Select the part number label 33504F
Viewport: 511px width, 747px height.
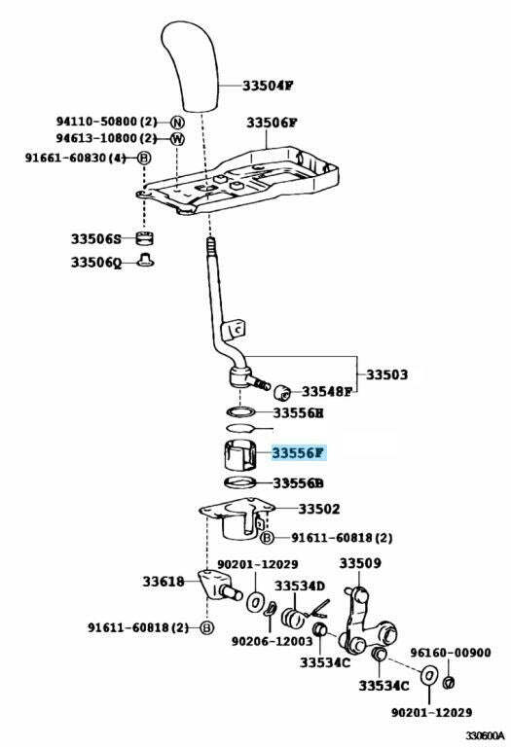268,86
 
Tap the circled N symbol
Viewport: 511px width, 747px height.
177,123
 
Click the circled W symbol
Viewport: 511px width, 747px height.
177,139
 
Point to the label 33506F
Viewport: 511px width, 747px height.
272,123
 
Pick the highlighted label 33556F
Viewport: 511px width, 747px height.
299,452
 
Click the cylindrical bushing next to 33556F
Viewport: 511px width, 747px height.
240,456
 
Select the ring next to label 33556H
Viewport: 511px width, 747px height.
241,412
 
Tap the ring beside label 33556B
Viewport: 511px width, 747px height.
240,482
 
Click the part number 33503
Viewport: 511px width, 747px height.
387,374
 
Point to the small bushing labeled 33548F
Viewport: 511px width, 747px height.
282,392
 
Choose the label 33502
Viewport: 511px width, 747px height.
319,509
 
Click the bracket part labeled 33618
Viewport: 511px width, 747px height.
218,586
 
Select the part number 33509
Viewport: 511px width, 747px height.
360,563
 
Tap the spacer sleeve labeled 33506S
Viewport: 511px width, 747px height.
145,237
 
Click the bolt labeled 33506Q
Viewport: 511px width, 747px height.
145,261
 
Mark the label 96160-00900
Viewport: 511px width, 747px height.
451,653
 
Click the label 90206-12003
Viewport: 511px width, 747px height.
273,641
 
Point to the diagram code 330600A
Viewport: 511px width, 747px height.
485,735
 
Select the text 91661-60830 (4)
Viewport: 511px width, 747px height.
75,158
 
